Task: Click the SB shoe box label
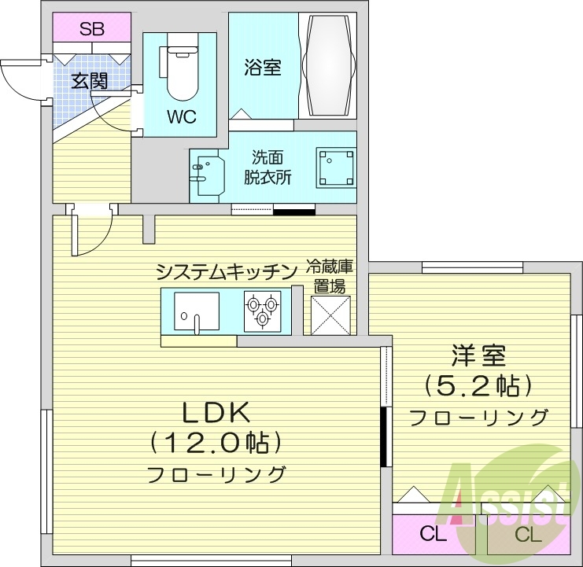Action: [92, 31]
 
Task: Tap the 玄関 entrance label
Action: [89, 80]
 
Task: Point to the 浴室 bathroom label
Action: [262, 68]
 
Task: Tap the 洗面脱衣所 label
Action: [271, 167]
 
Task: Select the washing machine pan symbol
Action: [336, 167]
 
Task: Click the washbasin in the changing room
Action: [202, 171]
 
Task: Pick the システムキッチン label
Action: [226, 272]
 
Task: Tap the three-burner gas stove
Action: [263, 311]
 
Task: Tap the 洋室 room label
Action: [478, 356]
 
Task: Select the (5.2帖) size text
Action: [478, 386]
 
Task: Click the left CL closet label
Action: [433, 536]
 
